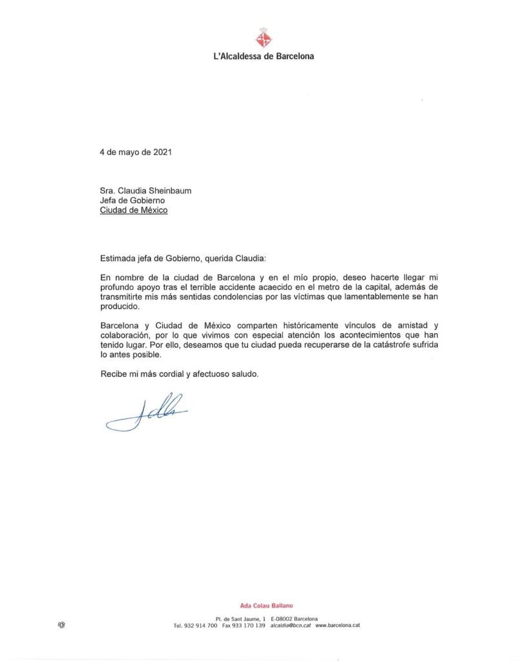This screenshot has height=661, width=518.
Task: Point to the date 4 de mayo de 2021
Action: (136, 153)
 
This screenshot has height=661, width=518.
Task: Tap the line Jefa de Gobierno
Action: (128, 200)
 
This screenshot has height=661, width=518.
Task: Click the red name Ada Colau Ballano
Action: (266, 605)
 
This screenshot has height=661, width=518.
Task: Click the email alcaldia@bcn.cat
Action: (291, 625)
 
